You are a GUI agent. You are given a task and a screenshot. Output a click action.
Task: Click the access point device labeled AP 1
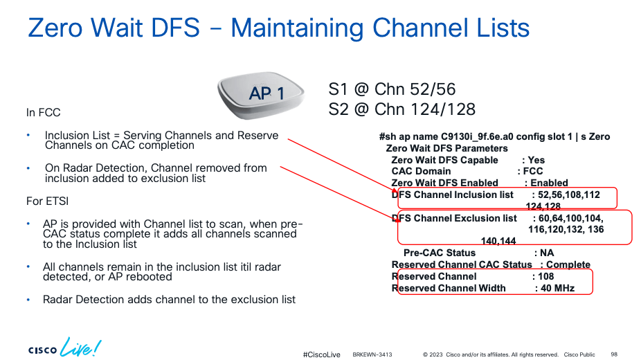click(261, 96)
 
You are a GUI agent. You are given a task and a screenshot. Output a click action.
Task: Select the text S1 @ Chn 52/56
click(392, 89)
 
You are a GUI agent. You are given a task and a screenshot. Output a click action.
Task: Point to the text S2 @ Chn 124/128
click(402, 109)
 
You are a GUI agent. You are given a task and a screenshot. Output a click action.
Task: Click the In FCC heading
click(44, 112)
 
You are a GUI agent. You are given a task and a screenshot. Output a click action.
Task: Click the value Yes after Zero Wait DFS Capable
click(536, 160)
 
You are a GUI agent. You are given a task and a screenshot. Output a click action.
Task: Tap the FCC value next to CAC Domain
click(533, 171)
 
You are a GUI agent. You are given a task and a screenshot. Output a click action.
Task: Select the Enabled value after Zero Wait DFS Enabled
click(549, 183)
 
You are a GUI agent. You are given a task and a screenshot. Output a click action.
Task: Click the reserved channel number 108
click(545, 277)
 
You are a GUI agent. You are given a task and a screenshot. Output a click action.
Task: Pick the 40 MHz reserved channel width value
click(558, 288)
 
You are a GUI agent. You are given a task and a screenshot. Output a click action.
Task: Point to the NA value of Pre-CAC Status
click(547, 253)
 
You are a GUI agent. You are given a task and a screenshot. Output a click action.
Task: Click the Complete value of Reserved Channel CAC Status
click(568, 264)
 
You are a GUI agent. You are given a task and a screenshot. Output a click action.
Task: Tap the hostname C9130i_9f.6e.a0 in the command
click(477, 137)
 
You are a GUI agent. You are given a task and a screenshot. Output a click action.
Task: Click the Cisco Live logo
click(64, 348)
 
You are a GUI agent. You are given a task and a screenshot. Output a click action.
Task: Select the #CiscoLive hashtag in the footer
click(321, 354)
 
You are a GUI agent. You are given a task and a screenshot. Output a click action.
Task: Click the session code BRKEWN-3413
click(372, 354)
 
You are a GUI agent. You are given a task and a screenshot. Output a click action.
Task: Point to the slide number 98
click(614, 354)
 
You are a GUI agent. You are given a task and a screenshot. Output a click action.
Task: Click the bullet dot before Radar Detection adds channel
click(28, 300)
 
